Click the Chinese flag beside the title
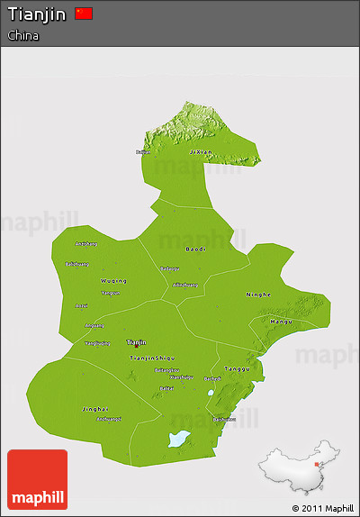(84, 13)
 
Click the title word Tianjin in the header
(37, 14)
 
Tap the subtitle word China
(23, 35)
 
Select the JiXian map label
(201, 152)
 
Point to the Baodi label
(195, 249)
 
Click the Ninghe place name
(258, 295)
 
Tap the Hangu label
(283, 321)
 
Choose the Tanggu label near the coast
(236, 368)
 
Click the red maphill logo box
(37, 479)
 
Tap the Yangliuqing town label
(96, 342)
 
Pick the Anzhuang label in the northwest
(85, 243)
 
